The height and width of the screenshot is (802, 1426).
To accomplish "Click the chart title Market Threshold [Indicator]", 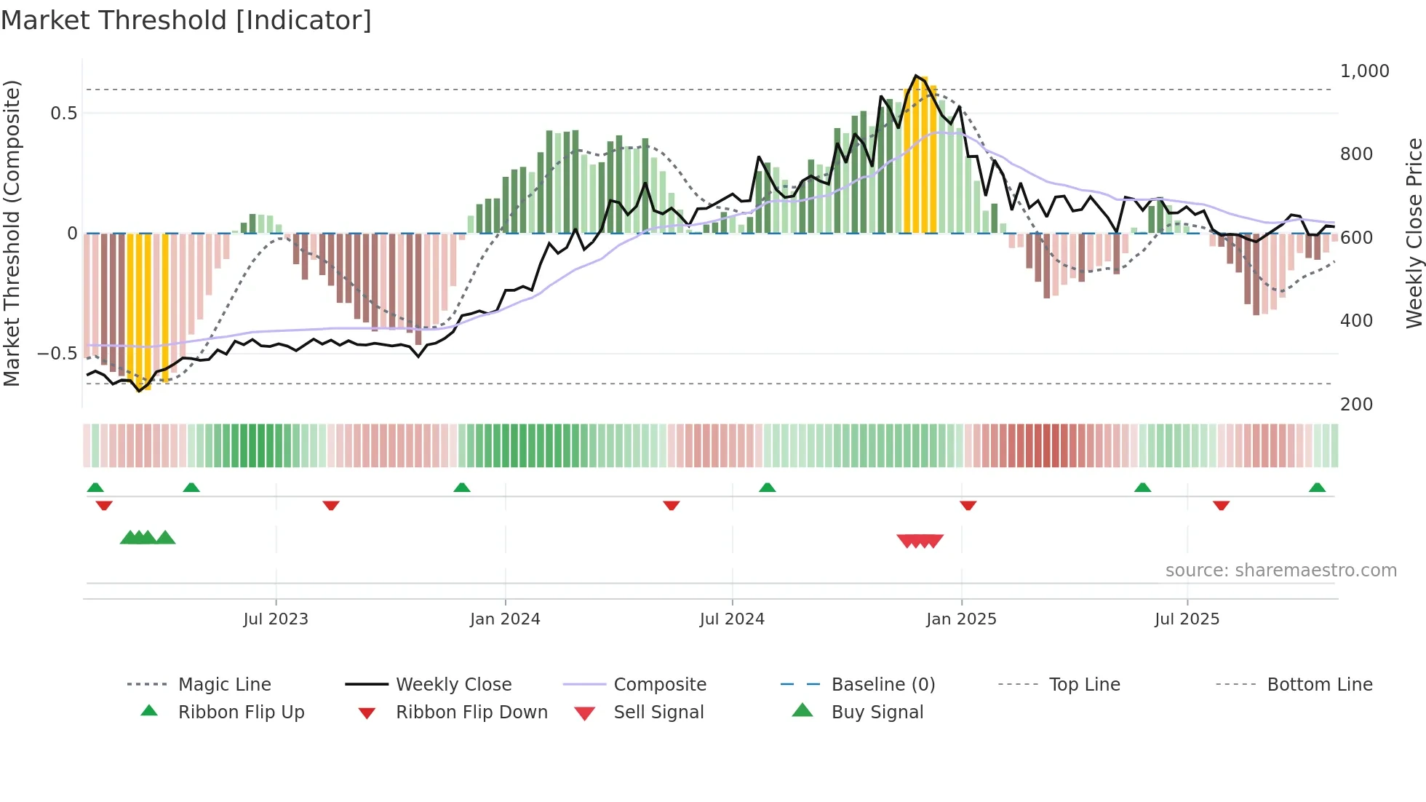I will [x=186, y=20].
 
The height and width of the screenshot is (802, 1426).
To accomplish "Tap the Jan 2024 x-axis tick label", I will [x=505, y=619].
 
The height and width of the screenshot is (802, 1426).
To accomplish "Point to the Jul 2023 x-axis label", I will [x=276, y=619].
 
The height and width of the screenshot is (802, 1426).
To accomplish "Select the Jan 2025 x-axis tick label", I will [x=961, y=619].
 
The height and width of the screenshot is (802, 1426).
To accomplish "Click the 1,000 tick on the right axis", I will [x=1364, y=71].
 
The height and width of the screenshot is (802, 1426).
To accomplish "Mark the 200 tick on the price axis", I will [x=1356, y=405].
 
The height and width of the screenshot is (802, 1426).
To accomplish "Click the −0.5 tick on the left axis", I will [x=57, y=354].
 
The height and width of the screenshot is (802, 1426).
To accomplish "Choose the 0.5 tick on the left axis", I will [x=63, y=114].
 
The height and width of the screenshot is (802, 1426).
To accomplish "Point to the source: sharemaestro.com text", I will [x=1280, y=571].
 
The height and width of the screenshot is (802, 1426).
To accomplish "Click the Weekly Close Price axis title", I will [x=1414, y=233].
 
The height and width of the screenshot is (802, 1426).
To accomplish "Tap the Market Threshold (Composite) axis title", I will [x=12, y=233].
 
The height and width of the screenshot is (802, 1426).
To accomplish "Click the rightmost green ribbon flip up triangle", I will [x=1317, y=488].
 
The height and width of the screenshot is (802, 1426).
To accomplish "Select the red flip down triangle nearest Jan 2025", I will [x=968, y=505].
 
